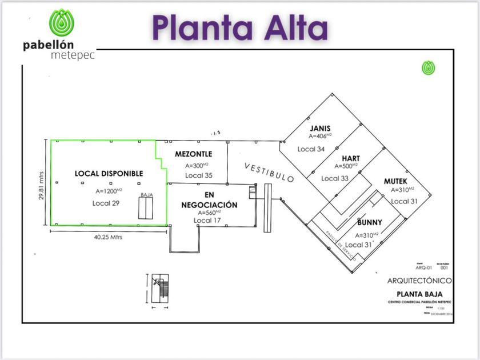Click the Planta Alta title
[240, 28]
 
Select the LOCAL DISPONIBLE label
[109, 173]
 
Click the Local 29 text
[109, 203]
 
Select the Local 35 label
[199, 175]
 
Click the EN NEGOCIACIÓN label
[209, 200]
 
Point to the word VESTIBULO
[269, 172]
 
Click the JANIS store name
[321, 128]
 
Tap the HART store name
[351, 158]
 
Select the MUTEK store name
[395, 181]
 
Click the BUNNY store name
[369, 222]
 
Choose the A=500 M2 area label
[346, 167]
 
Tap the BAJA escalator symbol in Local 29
[146, 207]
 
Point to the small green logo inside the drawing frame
[429, 67]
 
